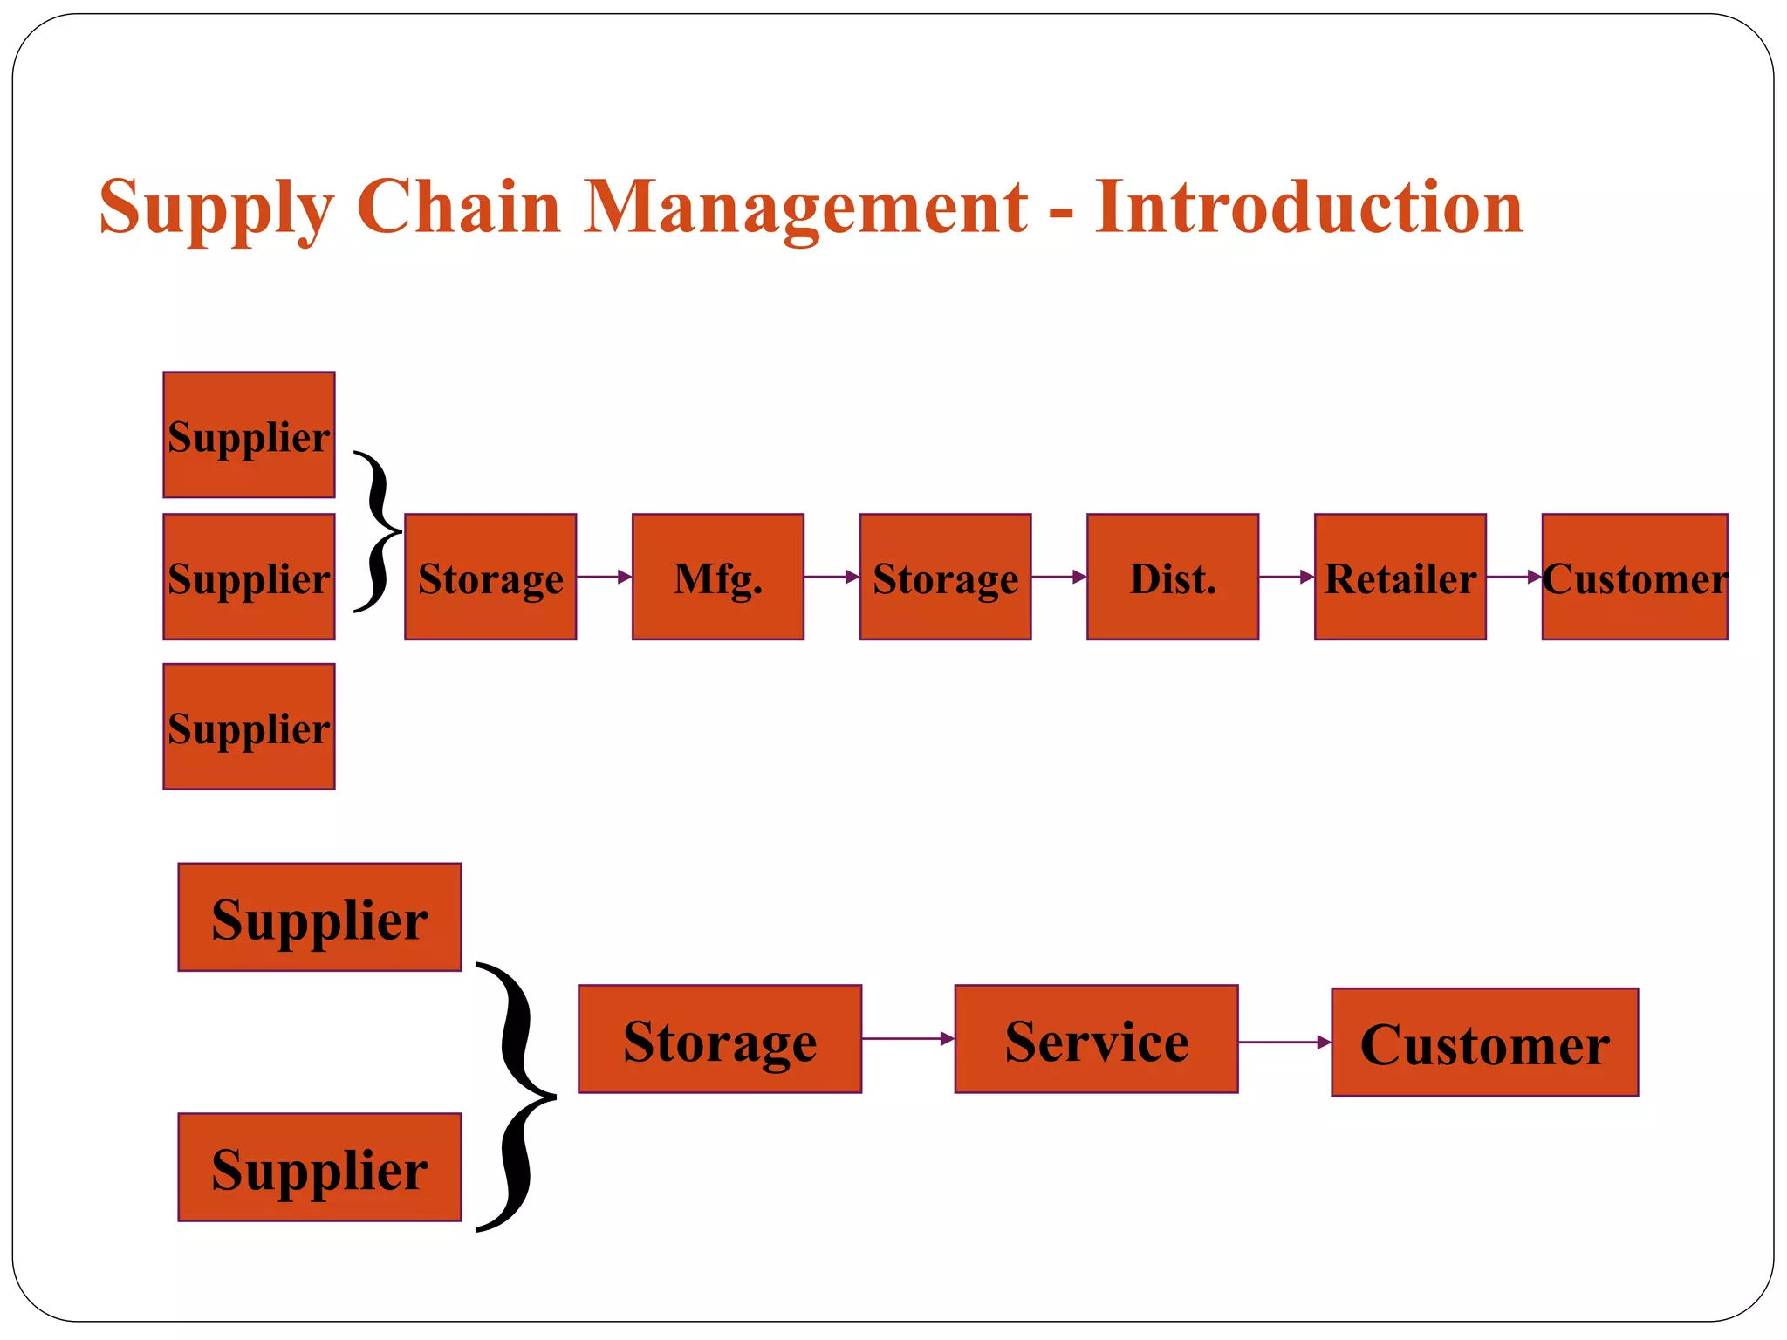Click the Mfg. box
tap(717, 577)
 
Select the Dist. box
tap(1172, 577)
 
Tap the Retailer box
tap(1400, 577)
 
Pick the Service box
tap(1096, 1039)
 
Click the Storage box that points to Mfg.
tap(490, 577)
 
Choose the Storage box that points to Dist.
tap(945, 577)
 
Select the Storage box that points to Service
tap(720, 1039)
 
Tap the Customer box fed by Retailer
tap(1634, 577)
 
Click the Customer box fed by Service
tap(1484, 1043)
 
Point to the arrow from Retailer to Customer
tap(1514, 577)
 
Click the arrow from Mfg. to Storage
tap(832, 577)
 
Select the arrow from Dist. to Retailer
tap(1286, 577)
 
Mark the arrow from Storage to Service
tap(907, 1038)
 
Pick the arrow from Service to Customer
tap(1284, 1042)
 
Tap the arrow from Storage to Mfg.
tap(604, 577)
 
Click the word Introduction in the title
tap(1309, 207)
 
